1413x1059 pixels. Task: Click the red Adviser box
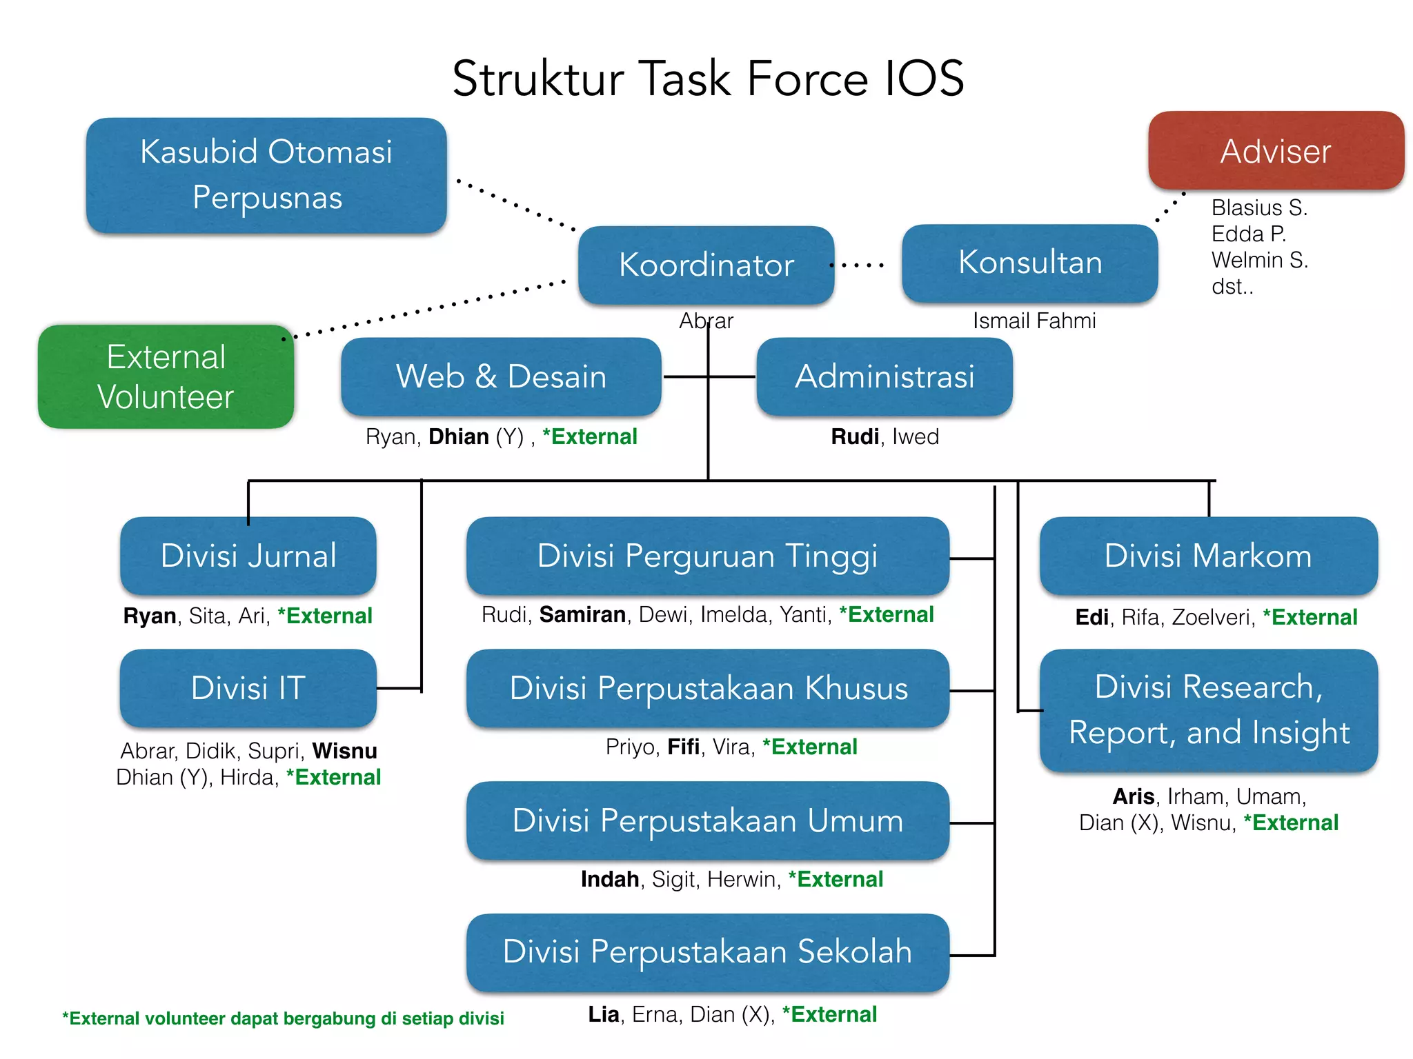coord(1276,150)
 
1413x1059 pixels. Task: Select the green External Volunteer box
coord(166,376)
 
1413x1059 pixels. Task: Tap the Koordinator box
coord(706,265)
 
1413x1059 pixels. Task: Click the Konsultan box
coord(1029,263)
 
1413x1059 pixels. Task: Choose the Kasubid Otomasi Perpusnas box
coord(266,174)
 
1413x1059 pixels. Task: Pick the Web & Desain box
coord(501,376)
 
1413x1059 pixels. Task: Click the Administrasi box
coord(885,376)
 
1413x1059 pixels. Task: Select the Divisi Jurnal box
coord(248,556)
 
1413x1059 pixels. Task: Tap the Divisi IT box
coord(248,688)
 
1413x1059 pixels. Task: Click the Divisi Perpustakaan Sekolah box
coord(707,952)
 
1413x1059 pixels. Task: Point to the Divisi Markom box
coord(1208,556)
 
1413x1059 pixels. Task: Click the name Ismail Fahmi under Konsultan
coord(1034,321)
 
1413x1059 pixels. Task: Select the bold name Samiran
coord(582,614)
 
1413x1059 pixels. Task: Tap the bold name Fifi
coord(683,747)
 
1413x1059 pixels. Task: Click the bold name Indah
coord(609,879)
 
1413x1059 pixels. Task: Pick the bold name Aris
coord(1133,796)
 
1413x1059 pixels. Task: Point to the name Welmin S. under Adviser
coord(1259,260)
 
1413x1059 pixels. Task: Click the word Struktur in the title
coord(538,79)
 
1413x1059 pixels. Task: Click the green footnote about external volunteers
coord(283,1018)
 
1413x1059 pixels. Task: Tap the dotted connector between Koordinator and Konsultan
coord(858,265)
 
